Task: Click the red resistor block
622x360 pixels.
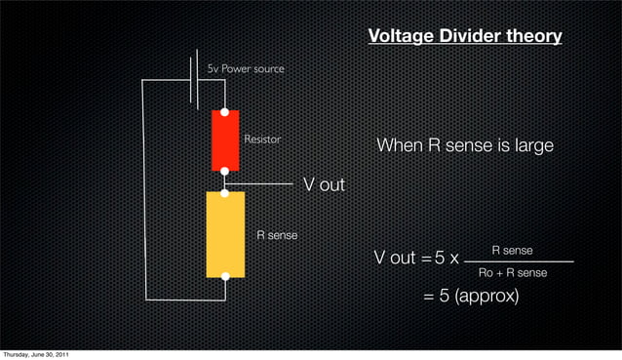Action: click(x=225, y=140)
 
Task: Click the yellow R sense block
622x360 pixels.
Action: click(x=225, y=234)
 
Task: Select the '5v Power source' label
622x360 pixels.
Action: click(x=246, y=69)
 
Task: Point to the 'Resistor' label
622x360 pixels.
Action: click(x=262, y=140)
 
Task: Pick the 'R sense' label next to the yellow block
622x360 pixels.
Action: click(x=277, y=235)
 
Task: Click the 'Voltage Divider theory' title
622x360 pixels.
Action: click(x=465, y=37)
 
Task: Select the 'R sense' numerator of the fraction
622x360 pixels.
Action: click(x=512, y=251)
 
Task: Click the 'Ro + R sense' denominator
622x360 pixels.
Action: click(x=513, y=273)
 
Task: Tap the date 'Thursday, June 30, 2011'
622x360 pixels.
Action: click(x=35, y=353)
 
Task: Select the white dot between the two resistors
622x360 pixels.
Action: click(x=225, y=173)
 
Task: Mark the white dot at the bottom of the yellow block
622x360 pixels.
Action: click(x=225, y=276)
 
